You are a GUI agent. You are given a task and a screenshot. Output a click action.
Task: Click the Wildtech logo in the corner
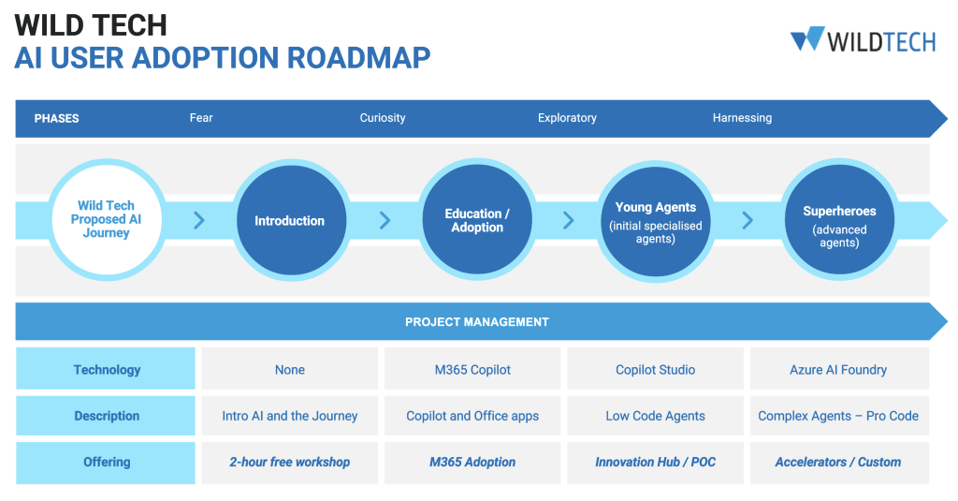[862, 39]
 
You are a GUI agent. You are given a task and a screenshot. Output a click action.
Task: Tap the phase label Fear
[201, 118]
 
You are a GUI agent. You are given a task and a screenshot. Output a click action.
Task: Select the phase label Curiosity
[383, 118]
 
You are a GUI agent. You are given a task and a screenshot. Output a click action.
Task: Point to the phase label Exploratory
[567, 118]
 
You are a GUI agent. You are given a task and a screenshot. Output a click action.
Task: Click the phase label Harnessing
[742, 118]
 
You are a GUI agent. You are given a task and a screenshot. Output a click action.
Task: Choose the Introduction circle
[289, 221]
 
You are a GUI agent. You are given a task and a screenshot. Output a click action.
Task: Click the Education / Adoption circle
[477, 221]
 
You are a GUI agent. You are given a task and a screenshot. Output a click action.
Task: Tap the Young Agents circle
[655, 221]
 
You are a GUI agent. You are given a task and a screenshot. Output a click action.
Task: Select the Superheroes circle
[838, 221]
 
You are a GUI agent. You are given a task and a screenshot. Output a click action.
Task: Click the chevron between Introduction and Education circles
[385, 221]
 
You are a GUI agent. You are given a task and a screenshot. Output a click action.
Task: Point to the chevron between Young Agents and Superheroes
[747, 221]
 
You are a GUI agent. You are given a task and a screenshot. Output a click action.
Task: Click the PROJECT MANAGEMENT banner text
[477, 322]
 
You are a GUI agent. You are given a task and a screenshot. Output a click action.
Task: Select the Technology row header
[107, 370]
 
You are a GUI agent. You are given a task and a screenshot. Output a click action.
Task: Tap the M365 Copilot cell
[472, 370]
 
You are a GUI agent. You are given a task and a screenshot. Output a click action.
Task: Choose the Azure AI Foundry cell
[838, 370]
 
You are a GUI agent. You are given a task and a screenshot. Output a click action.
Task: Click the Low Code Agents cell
[655, 416]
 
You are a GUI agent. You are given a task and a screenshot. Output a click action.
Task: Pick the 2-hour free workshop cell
[289, 462]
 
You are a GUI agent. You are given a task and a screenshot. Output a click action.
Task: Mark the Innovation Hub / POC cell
[655, 462]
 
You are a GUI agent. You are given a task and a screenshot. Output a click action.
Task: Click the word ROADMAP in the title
[358, 57]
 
